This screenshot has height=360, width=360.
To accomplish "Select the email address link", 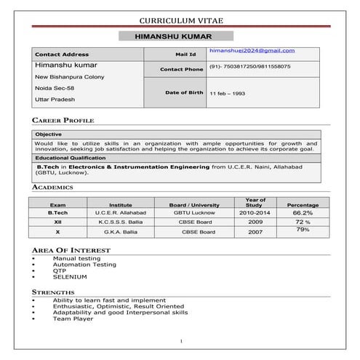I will tap(252, 50).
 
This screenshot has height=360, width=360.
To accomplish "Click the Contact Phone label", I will tap(183, 69).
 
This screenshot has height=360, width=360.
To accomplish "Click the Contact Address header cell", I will tap(62, 54).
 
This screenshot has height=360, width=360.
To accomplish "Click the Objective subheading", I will tap(49, 135).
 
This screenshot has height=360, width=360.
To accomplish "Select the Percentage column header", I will tap(303, 205).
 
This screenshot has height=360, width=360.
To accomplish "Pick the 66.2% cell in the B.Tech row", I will tap(303, 213).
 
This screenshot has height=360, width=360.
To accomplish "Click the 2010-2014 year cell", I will tap(255, 213).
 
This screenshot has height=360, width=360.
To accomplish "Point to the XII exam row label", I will tap(57, 222).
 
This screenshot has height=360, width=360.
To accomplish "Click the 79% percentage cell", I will tap(303, 230).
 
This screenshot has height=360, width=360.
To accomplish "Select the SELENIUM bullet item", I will tap(70, 277).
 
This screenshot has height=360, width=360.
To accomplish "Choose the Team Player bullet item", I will tap(73, 319).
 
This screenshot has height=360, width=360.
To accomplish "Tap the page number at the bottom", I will tap(180, 341).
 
